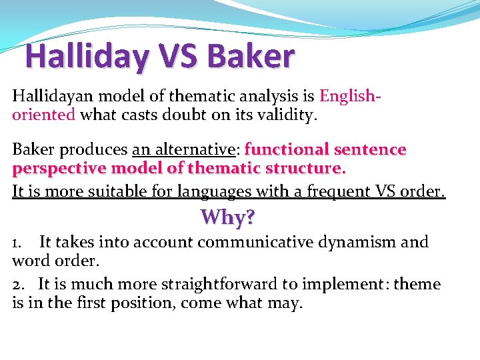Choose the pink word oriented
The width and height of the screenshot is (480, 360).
pos(43,114)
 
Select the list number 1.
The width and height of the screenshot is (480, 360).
pos(17,243)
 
